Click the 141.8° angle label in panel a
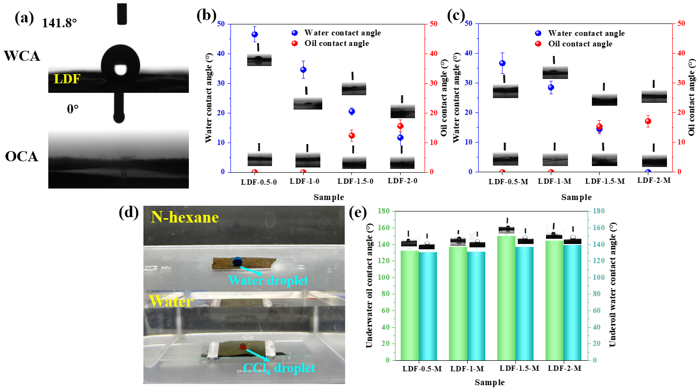click(x=59, y=23)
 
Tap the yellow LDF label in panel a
click(x=67, y=79)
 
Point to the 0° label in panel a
click(x=73, y=109)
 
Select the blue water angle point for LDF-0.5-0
click(x=254, y=34)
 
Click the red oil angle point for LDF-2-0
click(x=401, y=126)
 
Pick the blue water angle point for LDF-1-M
click(x=551, y=88)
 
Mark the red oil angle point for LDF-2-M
click(x=648, y=122)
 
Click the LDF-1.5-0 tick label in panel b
click(x=355, y=181)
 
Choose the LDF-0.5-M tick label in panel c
click(x=508, y=182)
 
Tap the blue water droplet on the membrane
click(x=237, y=261)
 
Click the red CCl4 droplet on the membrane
click(x=243, y=346)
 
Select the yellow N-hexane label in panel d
click(x=185, y=218)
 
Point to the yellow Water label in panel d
click(x=171, y=301)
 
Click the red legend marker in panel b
click(x=295, y=44)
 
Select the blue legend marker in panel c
click(x=538, y=33)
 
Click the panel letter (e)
click(x=358, y=213)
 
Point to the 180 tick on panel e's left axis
click(x=383, y=211)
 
